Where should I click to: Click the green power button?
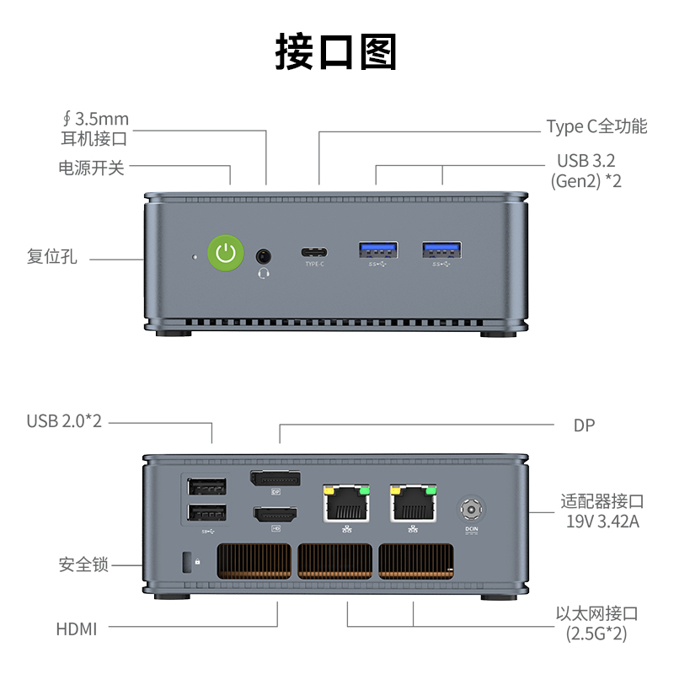[x=226, y=253]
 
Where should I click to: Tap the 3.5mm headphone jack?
[x=264, y=257]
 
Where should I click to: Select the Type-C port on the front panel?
[x=314, y=252]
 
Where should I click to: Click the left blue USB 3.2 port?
[x=378, y=249]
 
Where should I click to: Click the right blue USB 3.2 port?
[x=441, y=249]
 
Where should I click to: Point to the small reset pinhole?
[x=195, y=257]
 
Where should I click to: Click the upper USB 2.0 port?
[x=206, y=487]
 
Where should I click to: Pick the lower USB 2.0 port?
[x=206, y=512]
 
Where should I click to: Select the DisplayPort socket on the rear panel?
[x=275, y=479]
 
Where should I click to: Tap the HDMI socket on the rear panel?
[x=275, y=514]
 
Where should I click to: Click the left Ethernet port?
[x=346, y=503]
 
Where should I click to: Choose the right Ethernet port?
[x=414, y=503]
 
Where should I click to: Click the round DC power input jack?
[x=471, y=510]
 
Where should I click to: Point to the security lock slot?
[x=187, y=562]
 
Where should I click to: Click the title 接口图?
[x=335, y=52]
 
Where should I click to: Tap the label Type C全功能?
[x=596, y=126]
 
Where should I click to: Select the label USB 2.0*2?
[x=64, y=421]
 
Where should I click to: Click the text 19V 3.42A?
[x=602, y=522]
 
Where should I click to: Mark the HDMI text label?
[x=77, y=629]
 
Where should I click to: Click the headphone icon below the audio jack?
[x=264, y=273]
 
